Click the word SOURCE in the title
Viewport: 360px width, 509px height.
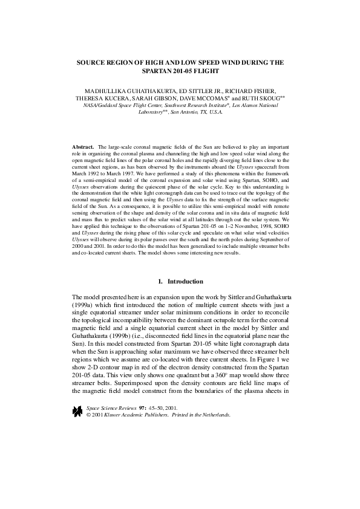(x=92, y=62)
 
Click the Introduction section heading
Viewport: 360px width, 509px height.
(x=185, y=281)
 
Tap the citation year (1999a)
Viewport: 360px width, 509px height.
(x=83, y=306)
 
